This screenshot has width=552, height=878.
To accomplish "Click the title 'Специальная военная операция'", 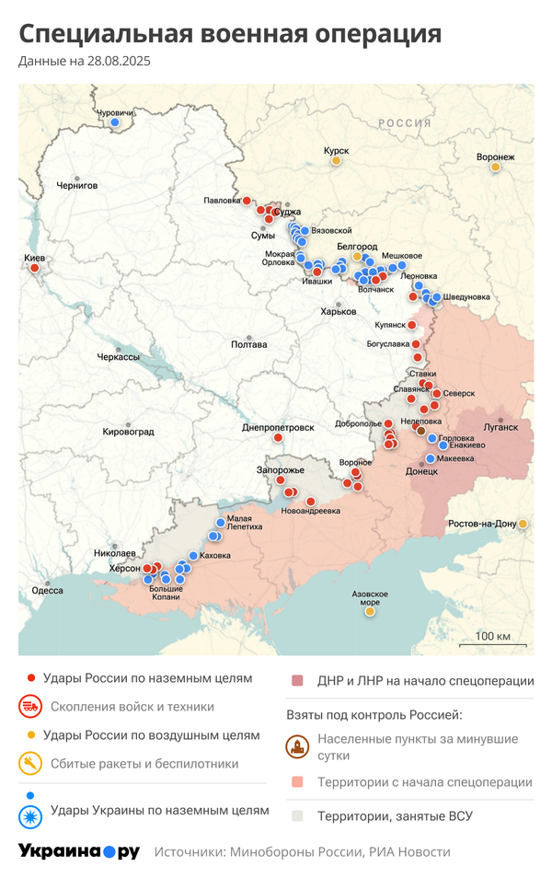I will (230, 34).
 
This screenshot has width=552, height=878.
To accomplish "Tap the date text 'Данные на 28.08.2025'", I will (85, 62).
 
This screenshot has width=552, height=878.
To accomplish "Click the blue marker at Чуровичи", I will (115, 121).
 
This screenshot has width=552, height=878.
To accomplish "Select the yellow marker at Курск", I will (337, 161).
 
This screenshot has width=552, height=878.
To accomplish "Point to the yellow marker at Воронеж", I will (496, 167).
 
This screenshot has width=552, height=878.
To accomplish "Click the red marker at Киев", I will (35, 269).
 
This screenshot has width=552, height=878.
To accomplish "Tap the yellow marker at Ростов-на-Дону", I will (523, 524).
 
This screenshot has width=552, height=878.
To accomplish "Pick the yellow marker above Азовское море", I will (370, 611).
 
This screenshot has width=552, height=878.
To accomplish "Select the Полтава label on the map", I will (249, 344).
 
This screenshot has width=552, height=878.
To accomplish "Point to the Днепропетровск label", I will (278, 428).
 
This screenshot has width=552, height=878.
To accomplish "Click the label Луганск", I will (501, 427).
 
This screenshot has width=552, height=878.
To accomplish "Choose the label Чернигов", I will (77, 185).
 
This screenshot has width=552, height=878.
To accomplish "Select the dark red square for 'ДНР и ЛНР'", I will (297, 681).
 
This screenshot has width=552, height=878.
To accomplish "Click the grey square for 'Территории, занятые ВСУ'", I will (297, 815).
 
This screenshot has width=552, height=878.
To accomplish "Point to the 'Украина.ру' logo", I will (79, 852).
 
